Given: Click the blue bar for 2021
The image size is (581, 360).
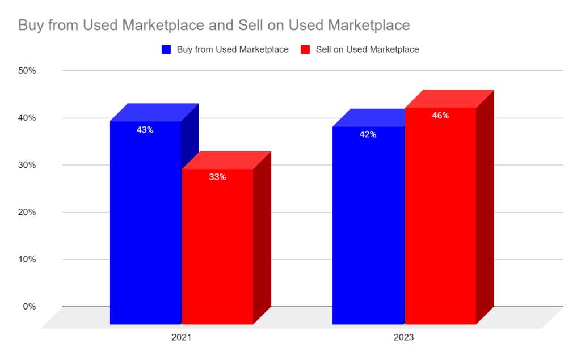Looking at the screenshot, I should point(145,227).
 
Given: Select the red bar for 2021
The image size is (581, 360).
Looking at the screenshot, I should point(217,249).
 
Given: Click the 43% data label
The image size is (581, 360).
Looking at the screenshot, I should point(145,130).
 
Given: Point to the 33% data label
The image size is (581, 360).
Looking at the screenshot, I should point(217,177).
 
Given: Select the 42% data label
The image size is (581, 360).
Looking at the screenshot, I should point(368,135).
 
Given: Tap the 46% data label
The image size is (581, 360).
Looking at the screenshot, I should point(440,116).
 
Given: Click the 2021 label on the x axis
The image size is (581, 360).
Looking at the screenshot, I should point(181,337).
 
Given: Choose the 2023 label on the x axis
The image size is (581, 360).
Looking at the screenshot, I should point(404,337).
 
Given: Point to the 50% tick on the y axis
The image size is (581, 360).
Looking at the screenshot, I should point(27,71).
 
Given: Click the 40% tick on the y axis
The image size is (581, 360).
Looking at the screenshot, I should point(27,118).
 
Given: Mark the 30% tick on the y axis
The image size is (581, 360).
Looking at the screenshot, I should point(27,165).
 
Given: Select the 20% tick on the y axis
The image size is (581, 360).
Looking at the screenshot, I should point(27,212).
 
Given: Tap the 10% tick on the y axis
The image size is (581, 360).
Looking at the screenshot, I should point(27,259).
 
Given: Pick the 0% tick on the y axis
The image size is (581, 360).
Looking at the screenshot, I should point(30,306).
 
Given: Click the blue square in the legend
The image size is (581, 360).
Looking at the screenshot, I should point(166,49).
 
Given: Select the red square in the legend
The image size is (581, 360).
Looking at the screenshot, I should point(305,49).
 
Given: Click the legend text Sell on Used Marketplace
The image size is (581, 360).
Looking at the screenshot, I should point(367,49).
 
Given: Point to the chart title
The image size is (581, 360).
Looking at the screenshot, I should point(214,26).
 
